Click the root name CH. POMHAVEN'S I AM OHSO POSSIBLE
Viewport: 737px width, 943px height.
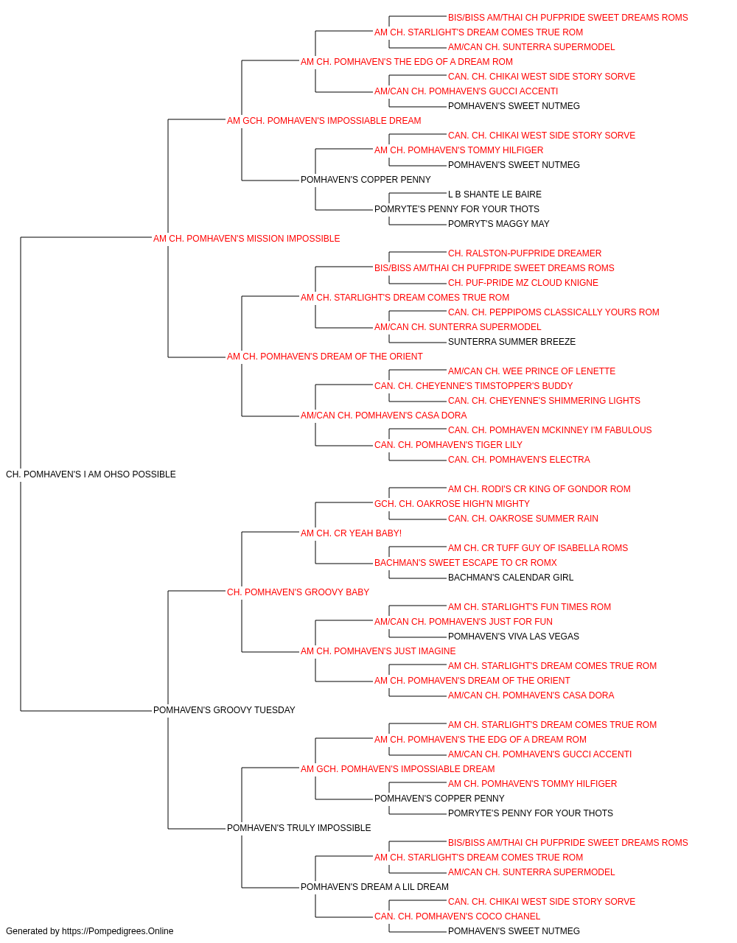91,474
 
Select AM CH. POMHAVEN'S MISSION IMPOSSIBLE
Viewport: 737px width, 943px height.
247,239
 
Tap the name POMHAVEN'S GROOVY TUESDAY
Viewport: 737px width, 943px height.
224,710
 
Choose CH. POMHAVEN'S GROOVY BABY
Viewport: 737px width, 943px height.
298,592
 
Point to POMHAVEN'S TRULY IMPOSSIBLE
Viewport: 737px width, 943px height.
298,828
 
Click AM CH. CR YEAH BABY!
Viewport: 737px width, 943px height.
351,533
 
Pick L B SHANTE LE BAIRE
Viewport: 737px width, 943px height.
495,194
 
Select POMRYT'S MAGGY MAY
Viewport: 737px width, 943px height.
498,224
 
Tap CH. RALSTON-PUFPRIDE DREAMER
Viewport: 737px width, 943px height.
524,253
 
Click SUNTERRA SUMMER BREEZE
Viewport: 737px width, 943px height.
511,342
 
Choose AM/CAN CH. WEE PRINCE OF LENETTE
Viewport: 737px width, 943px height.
531,371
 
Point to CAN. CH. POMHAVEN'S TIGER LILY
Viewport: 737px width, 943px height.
448,445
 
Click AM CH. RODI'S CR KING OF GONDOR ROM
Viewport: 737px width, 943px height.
539,489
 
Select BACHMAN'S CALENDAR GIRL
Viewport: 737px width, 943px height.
511,578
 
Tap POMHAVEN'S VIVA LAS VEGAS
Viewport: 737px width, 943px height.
513,637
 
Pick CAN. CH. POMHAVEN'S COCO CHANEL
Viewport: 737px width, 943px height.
457,916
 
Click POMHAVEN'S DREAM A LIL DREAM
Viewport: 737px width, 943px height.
374,887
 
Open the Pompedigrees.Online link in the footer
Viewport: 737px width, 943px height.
117,931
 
